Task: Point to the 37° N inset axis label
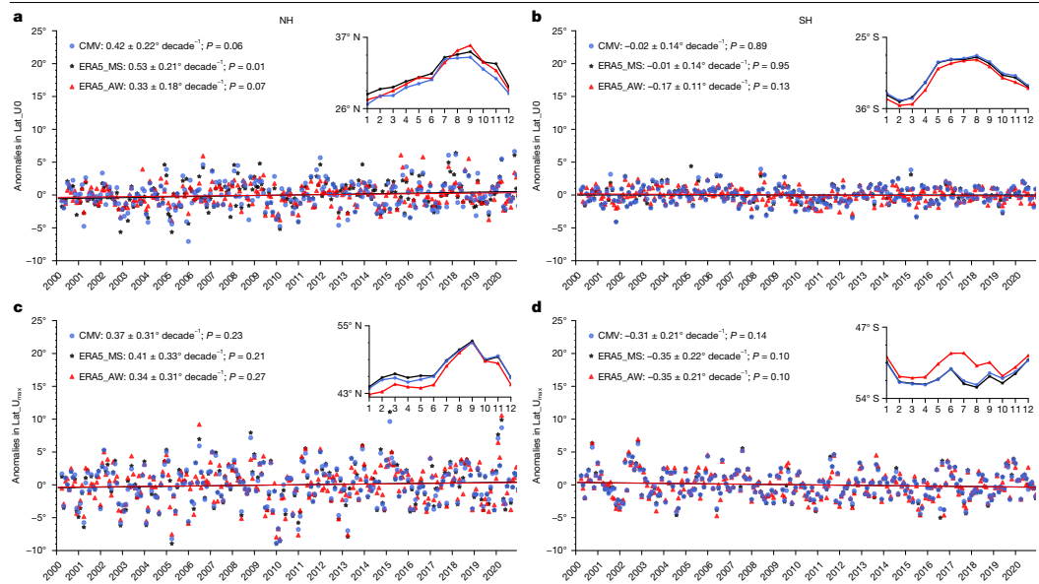349,37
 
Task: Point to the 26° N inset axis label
349,109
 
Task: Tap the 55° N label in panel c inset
349,326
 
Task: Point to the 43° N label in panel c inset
349,394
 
